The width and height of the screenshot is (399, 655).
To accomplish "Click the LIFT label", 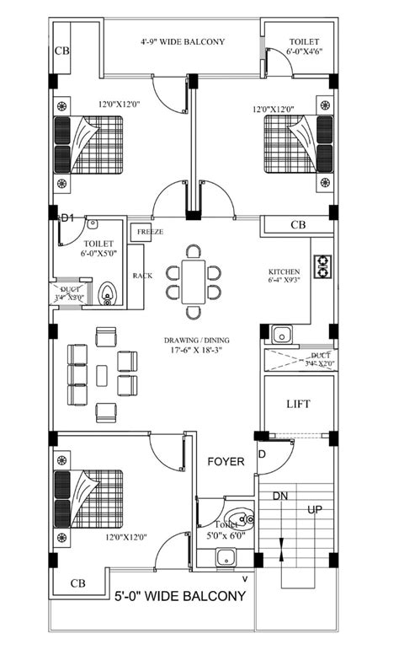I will [x=298, y=405].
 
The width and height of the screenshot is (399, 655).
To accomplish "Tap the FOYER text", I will [x=226, y=462].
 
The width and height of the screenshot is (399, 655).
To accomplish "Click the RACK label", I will [x=141, y=275].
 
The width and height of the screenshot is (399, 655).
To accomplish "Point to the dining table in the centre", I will [x=192, y=272].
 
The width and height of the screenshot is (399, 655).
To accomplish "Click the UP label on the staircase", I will [x=314, y=510].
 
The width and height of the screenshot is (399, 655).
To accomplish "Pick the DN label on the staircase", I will [x=279, y=496].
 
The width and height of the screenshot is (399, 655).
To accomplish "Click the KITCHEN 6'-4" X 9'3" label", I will [x=285, y=276].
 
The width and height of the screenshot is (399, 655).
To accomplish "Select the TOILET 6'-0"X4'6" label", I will [x=304, y=46].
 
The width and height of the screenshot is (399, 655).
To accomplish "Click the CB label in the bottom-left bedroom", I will [x=77, y=583].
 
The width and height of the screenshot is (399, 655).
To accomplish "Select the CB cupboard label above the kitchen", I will [x=297, y=225].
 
